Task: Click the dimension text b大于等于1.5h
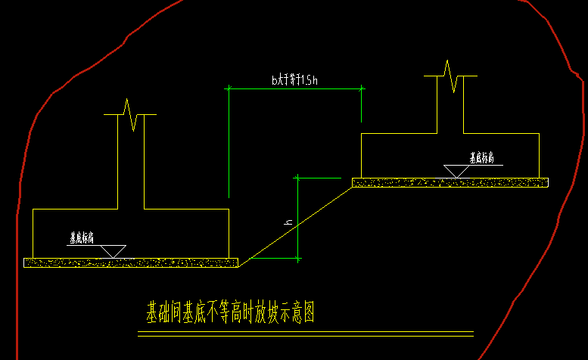pos(294,79)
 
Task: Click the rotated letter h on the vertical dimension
pos(288,222)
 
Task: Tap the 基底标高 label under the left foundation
pos(81,237)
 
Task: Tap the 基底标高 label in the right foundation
pos(481,158)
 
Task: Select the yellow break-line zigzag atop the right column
pos(452,76)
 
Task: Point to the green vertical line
pos(229,144)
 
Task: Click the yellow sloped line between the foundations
pos(295,224)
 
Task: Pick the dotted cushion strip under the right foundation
pos(450,182)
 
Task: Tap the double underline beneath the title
pos(306,334)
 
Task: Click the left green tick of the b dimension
pos(229,88)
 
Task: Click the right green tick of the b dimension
pos(362,88)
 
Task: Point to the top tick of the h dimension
pos(300,176)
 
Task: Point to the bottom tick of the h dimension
pos(300,259)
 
